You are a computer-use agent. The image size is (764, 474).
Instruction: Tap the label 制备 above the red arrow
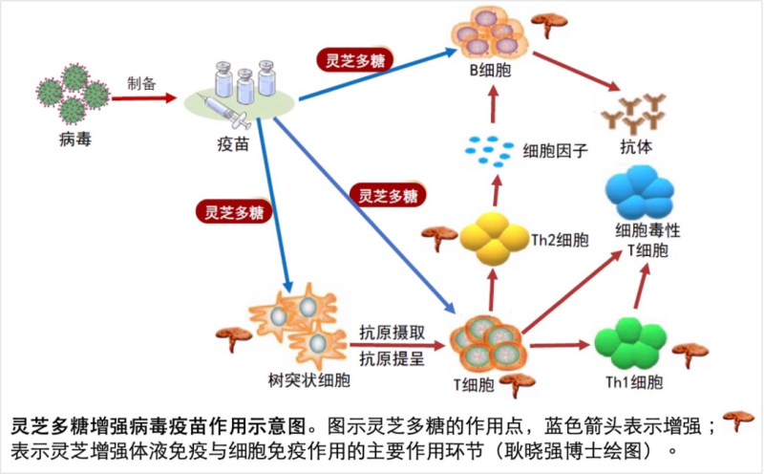click(140, 82)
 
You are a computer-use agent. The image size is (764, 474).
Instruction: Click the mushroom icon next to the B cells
click(549, 23)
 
